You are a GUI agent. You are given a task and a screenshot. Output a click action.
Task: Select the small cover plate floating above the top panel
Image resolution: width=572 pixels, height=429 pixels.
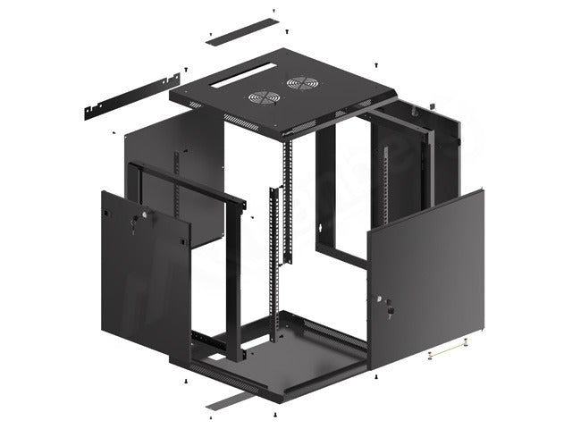[x=241, y=29]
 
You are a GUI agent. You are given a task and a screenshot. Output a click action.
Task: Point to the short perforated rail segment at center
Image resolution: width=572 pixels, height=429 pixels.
[x=284, y=223]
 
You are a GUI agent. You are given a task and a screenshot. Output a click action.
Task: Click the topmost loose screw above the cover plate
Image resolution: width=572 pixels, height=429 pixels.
[x=273, y=12]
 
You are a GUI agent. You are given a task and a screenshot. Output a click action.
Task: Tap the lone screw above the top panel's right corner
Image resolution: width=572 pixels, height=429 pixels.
[x=377, y=64]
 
